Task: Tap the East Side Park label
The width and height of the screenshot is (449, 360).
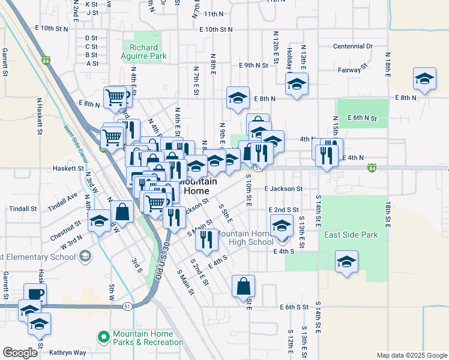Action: coord(351,235)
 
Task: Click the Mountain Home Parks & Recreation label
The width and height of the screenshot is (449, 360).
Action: coord(148,338)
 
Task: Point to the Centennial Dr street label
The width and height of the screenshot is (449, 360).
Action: coord(353,46)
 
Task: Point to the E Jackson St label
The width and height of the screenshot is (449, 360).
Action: coord(283,188)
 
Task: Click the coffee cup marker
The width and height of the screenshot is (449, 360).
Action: coord(35,295)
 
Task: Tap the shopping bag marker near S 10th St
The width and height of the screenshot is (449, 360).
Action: coord(243,286)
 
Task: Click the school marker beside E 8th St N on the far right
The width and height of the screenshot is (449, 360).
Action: coord(424,79)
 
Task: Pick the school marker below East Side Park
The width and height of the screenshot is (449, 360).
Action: coord(346,262)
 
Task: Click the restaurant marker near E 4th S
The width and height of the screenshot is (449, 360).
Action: coord(203,239)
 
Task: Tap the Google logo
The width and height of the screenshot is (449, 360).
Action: coord(19,353)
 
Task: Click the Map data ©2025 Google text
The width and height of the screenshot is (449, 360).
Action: coord(411,355)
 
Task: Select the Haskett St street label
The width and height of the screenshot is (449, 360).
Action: coord(68,169)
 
